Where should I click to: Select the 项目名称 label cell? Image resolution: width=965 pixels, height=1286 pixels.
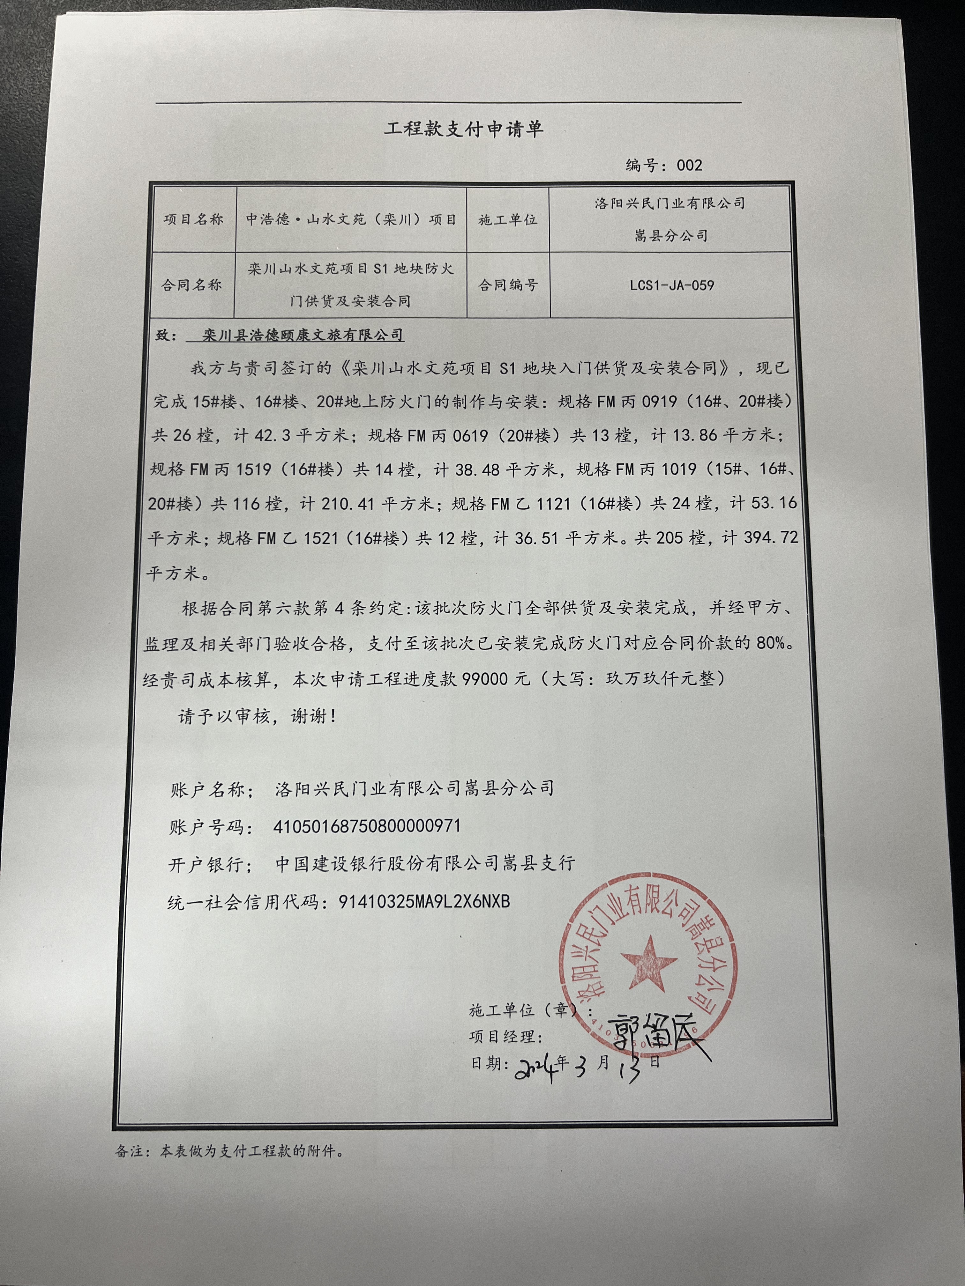click(x=193, y=220)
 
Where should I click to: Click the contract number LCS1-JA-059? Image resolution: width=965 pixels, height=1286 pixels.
click(x=672, y=285)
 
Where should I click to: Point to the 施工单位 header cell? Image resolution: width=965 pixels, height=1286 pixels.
click(x=508, y=220)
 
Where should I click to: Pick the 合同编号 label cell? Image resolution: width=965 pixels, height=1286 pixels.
click(x=508, y=285)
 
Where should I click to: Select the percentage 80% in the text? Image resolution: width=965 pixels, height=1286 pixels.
click(x=773, y=644)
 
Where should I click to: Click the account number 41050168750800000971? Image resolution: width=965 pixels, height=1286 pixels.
click(x=367, y=826)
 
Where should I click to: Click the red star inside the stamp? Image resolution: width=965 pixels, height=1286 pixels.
click(x=648, y=962)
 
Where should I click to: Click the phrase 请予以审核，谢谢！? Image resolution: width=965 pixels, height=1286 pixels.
click(x=258, y=717)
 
